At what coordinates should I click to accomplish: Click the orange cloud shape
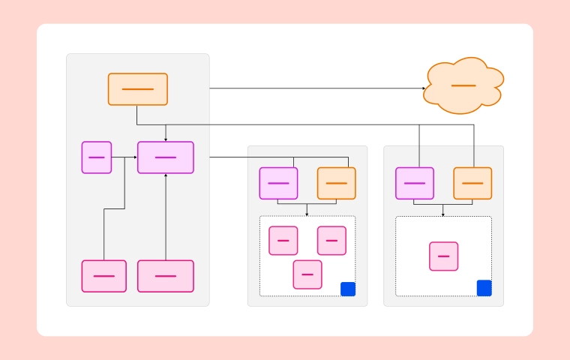pos(463,85)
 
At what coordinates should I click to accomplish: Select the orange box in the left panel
pos(137,89)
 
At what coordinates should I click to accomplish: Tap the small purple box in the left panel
pos(97,157)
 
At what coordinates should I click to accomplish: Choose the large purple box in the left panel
pos(166,157)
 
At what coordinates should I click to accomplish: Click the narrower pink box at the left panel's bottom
pos(104,276)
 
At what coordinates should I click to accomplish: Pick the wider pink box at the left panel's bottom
pos(166,276)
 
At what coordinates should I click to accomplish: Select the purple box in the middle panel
pos(278,183)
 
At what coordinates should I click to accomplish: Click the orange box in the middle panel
pos(337,183)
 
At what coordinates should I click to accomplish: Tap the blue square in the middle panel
pos(348,289)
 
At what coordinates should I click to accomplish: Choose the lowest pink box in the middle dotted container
pos(307,274)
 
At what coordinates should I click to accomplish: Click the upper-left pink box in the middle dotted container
pos(283,241)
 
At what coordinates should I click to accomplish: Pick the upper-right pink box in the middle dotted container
pos(331,241)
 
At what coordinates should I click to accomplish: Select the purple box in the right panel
pos(415,183)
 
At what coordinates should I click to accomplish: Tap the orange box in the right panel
pos(472,183)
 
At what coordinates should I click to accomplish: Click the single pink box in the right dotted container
pos(443,256)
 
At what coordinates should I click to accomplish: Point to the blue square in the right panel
pos(484,288)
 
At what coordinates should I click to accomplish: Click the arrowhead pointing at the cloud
pos(423,88)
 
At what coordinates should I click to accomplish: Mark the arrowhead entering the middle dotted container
pos(307,214)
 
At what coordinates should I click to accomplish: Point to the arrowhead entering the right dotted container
pos(443,214)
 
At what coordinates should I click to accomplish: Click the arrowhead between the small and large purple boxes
pos(135,157)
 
